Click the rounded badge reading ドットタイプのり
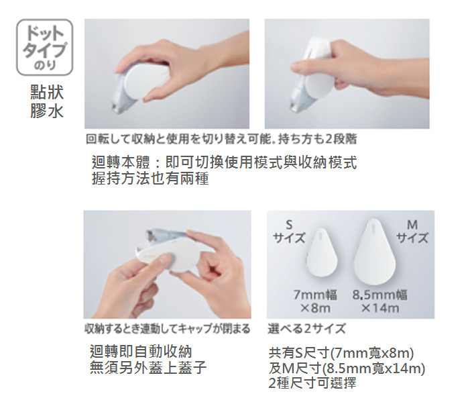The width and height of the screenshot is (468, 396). tap(44, 47)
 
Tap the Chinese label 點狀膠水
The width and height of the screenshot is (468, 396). tap(47, 101)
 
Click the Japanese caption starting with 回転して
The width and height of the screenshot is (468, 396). tap(221, 139)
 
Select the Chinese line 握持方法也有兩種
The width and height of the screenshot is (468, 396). tap(150, 179)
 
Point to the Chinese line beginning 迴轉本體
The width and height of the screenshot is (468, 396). tap(224, 162)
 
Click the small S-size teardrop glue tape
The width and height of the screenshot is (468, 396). tap(321, 252)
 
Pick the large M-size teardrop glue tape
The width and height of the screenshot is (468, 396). tap(374, 252)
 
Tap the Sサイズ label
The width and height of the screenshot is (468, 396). tap(289, 232)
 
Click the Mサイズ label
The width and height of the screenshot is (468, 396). tap(412, 232)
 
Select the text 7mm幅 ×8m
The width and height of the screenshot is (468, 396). tap(315, 301)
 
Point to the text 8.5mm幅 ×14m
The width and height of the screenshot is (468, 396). tap(379, 301)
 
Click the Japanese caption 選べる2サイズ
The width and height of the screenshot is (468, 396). tap(306, 329)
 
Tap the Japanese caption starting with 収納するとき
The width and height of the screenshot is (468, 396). tap(167, 329)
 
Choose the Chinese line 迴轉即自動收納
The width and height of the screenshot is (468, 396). tap(141, 352)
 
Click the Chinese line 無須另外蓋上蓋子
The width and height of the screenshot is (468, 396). tap(148, 367)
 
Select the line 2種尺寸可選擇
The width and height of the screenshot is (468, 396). tap(312, 383)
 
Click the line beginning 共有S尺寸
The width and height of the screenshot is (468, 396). tap(341, 353)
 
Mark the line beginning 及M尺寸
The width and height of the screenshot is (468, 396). tap(347, 368)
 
